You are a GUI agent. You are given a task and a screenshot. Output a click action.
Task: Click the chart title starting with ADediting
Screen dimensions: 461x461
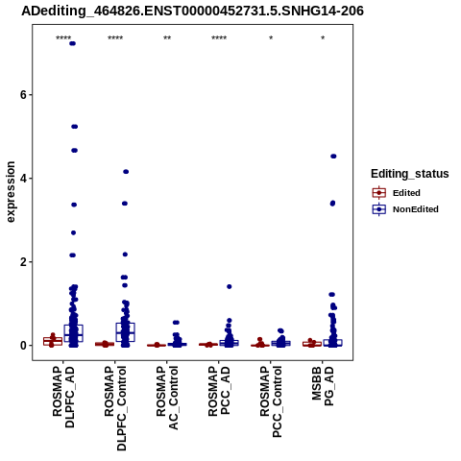pyautogui.click(x=192, y=11)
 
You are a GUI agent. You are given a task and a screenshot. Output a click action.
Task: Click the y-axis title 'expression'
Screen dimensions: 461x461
pyautogui.click(x=11, y=192)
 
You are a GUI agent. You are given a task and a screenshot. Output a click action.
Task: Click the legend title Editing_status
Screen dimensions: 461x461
pyautogui.click(x=410, y=174)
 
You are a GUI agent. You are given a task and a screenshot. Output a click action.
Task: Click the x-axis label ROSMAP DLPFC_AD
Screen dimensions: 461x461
pyautogui.click(x=63, y=397)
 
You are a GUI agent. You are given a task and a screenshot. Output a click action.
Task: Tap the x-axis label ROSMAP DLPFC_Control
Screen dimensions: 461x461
pyautogui.click(x=115, y=408)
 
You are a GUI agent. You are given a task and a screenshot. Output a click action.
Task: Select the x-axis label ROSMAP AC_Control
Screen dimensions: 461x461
pyautogui.click(x=167, y=398)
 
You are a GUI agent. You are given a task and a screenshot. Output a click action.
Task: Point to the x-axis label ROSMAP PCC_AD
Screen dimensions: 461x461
pyautogui.click(x=219, y=391)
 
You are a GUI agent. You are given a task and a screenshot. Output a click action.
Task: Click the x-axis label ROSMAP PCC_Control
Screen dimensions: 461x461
pyautogui.click(x=271, y=401)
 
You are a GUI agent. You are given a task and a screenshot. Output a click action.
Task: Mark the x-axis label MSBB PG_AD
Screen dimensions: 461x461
pyautogui.click(x=323, y=387)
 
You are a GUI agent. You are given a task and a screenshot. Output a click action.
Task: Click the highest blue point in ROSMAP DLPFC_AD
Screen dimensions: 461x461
pyautogui.click(x=73, y=43)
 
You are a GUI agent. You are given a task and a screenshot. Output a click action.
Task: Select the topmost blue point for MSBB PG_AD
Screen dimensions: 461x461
pyautogui.click(x=333, y=157)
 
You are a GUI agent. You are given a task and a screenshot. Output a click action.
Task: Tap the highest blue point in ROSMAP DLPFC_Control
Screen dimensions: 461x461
pyautogui.click(x=126, y=172)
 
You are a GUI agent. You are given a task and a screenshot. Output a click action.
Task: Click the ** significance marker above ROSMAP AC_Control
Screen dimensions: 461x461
pyautogui.click(x=167, y=38)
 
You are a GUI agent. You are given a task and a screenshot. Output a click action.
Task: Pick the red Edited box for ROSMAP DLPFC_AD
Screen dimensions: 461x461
pyautogui.click(x=53, y=341)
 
